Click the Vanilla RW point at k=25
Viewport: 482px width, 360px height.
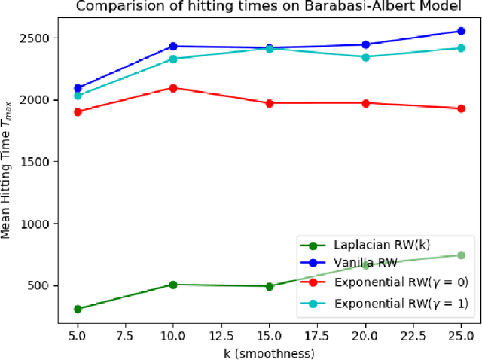point(461,32)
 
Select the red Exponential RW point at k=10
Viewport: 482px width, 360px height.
point(173,88)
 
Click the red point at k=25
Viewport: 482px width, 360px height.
point(461,108)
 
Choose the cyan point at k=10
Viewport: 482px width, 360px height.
point(173,59)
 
